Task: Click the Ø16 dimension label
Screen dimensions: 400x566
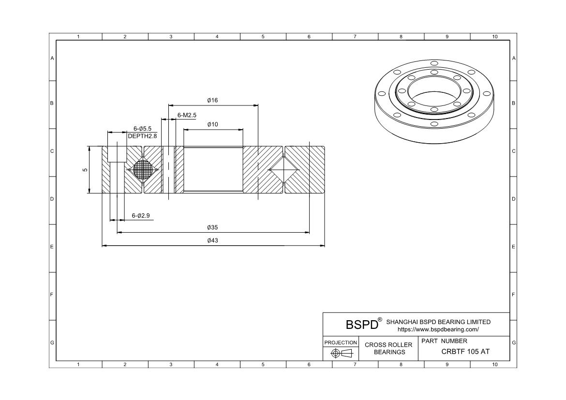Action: point(212,101)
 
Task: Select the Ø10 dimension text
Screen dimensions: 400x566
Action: point(212,125)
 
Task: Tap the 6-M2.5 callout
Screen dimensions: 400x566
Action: point(187,115)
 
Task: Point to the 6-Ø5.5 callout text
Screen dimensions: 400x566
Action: point(142,129)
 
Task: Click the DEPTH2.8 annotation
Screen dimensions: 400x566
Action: point(142,136)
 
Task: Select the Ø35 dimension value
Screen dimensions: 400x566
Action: point(212,228)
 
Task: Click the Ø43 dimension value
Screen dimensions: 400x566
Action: point(212,241)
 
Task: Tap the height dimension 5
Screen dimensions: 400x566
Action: point(85,170)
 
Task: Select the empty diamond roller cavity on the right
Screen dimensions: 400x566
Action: point(284,170)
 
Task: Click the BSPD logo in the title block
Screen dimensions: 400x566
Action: point(362,325)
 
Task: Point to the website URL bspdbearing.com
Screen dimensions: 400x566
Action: point(438,330)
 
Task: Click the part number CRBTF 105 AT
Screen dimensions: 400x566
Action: point(465,352)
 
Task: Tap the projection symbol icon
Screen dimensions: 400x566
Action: point(341,354)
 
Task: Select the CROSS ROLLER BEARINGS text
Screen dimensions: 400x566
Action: point(389,348)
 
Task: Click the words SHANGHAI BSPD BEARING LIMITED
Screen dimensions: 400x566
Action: point(438,322)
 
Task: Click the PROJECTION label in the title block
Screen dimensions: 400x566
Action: point(341,342)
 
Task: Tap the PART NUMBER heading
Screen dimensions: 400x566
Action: point(444,341)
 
